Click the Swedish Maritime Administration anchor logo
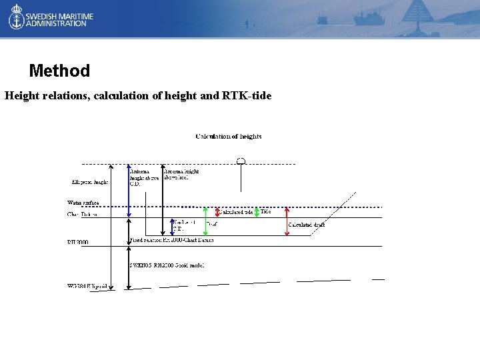coord(16,18)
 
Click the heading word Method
coord(59,71)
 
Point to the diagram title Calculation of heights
coord(229,137)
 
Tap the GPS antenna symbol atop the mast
coord(241,161)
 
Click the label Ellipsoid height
coord(90,181)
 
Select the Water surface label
coord(83,202)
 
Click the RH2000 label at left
coord(77,242)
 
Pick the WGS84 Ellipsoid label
coord(87,285)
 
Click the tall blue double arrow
coord(129,191)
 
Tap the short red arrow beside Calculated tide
coord(217,212)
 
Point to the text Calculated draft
coord(307,225)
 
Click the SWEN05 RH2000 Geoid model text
coord(167,265)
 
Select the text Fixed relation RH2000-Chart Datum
coord(172,240)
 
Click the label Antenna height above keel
coord(181,175)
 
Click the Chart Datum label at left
coord(83,215)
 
